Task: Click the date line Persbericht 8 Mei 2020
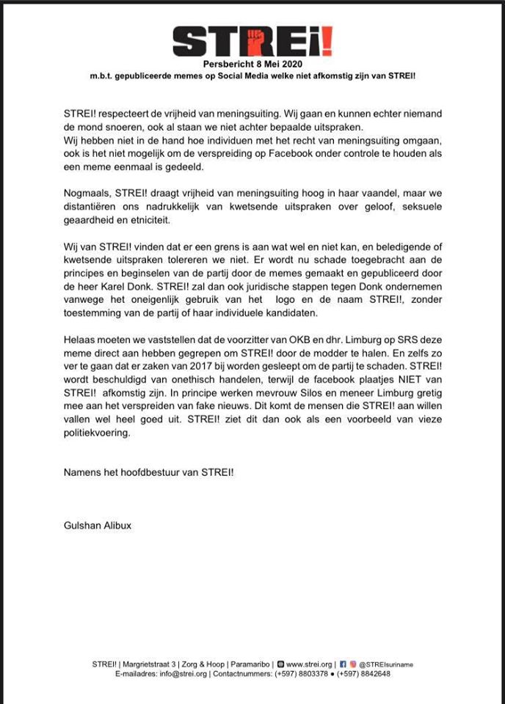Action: tap(252, 65)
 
